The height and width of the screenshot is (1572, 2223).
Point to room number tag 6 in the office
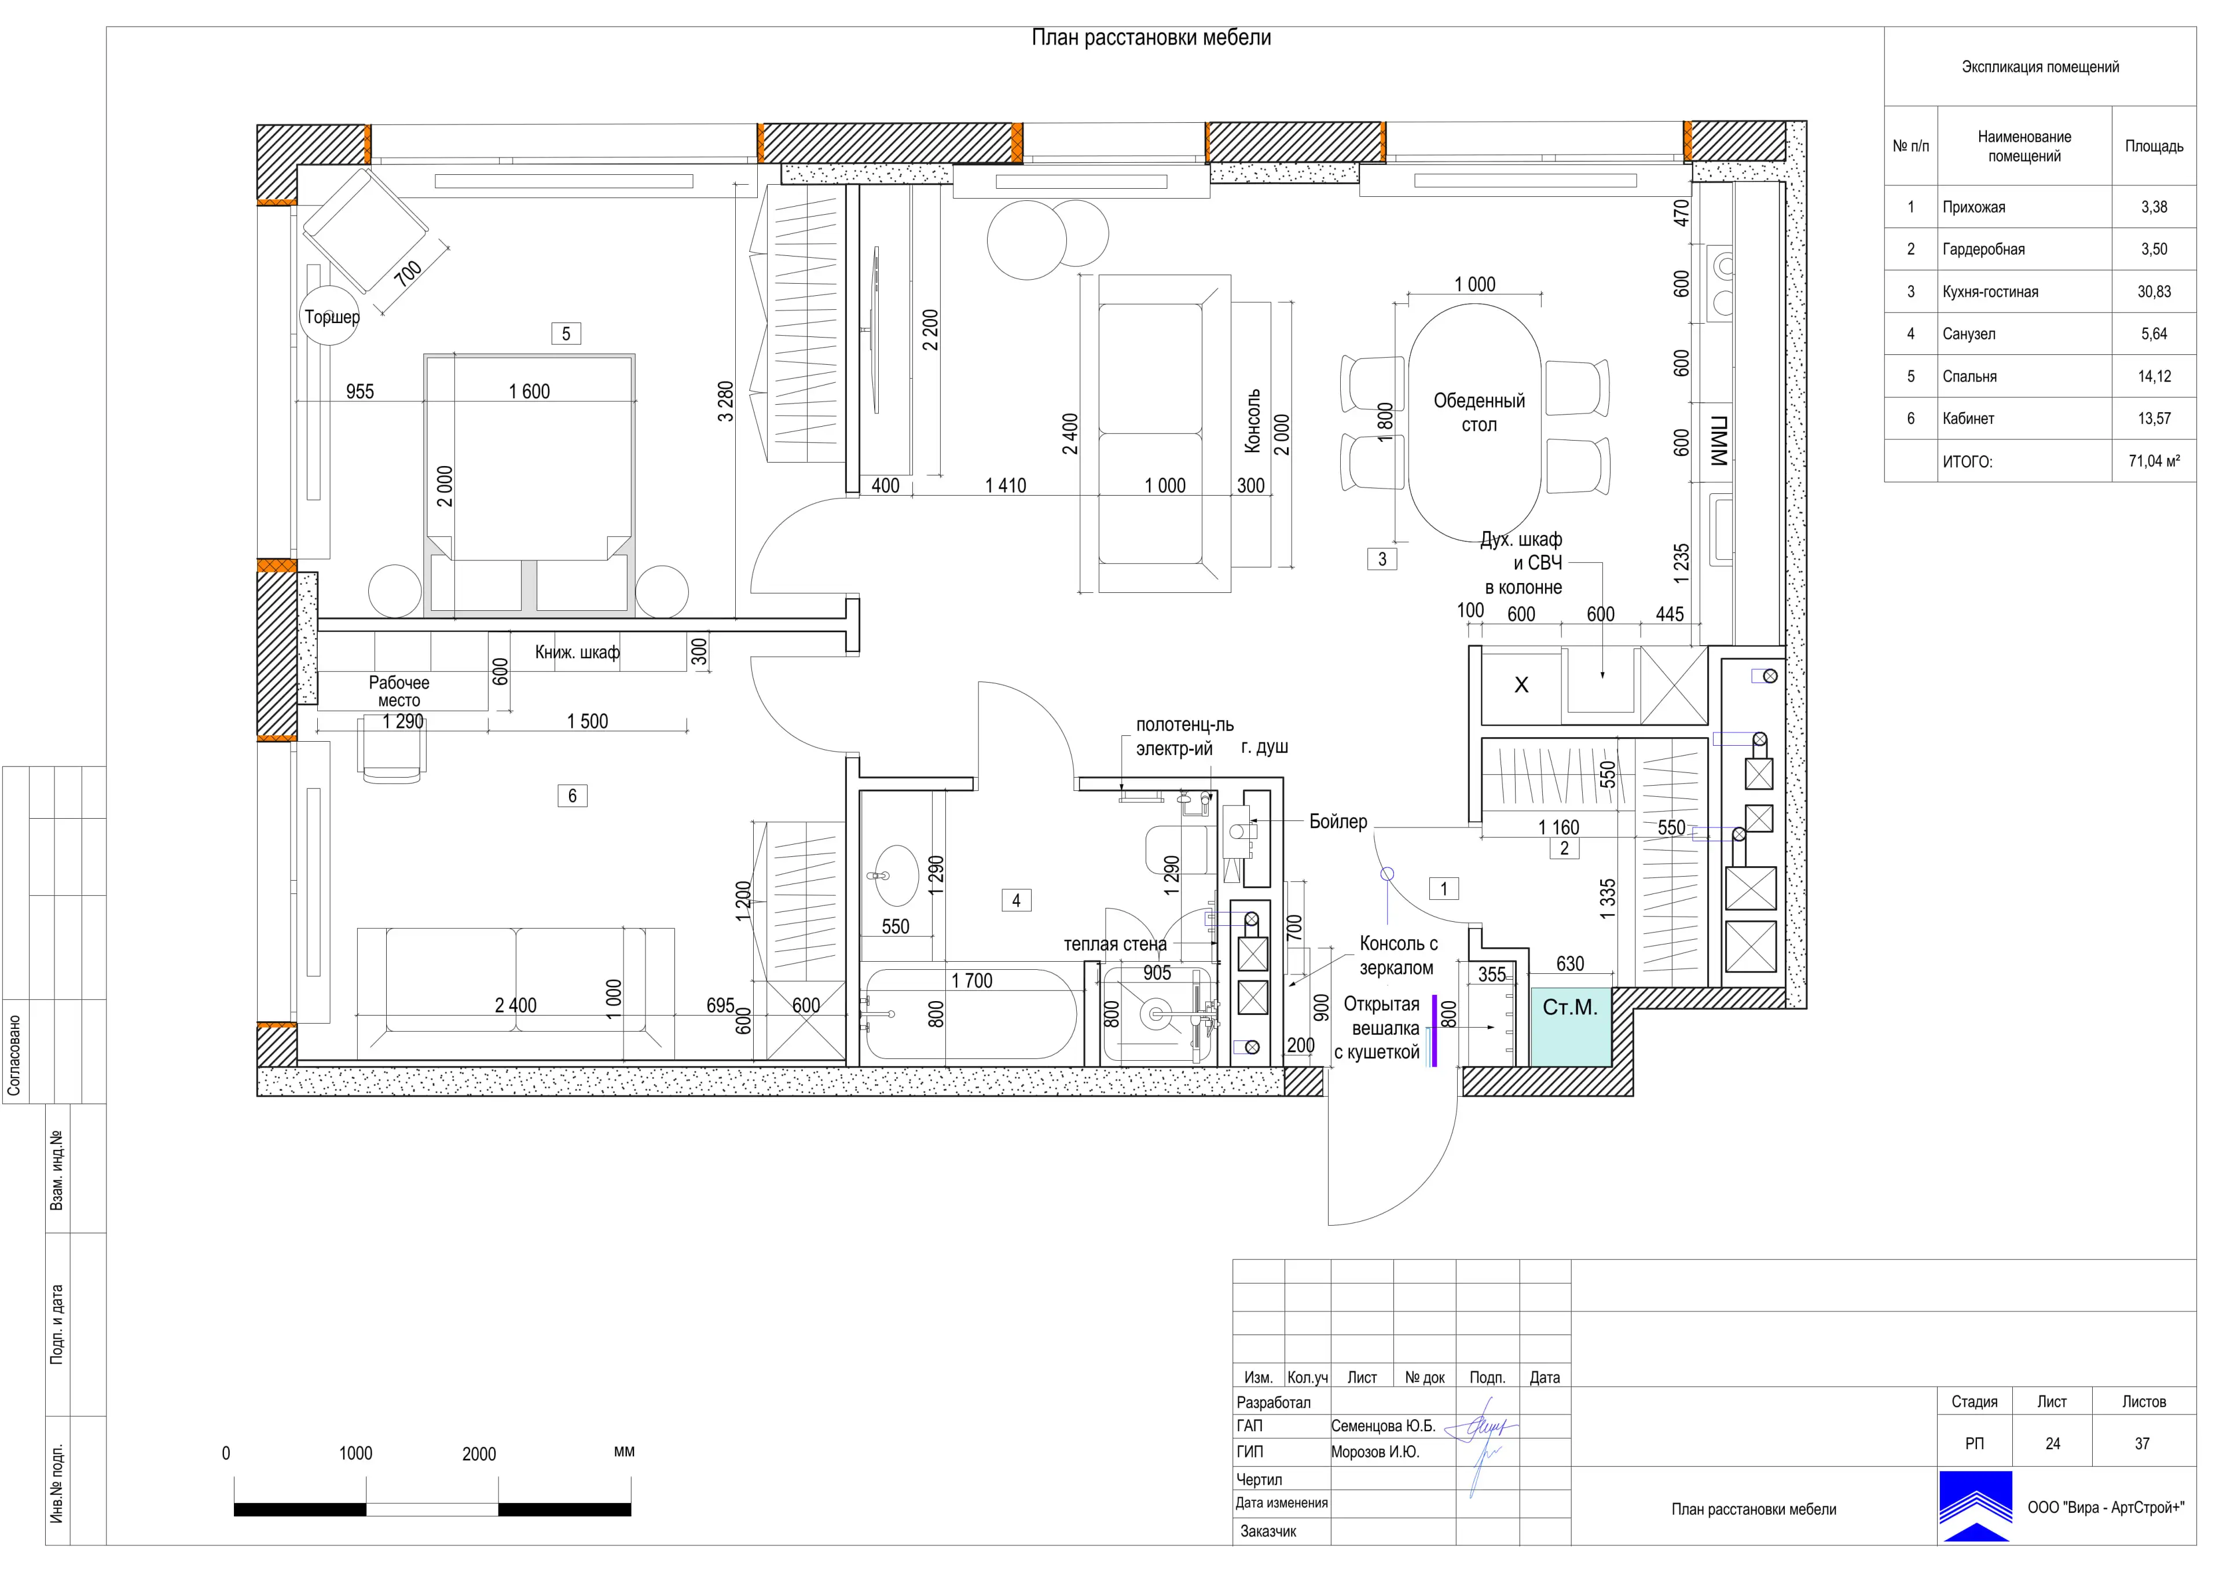(x=572, y=796)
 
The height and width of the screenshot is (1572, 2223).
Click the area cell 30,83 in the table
(x=2154, y=292)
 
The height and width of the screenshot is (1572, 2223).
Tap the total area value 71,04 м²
(x=2154, y=462)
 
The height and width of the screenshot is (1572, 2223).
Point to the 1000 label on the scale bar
(x=355, y=1454)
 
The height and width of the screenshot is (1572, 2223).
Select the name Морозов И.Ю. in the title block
(x=1375, y=1452)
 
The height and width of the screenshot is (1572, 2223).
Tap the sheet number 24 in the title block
(x=2053, y=1443)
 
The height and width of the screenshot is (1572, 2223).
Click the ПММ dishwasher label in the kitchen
(x=1719, y=442)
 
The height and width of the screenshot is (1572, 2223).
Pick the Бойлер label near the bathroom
(x=1338, y=822)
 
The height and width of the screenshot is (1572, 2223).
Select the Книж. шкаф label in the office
(x=577, y=653)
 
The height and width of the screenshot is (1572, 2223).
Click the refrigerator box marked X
(x=1521, y=685)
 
